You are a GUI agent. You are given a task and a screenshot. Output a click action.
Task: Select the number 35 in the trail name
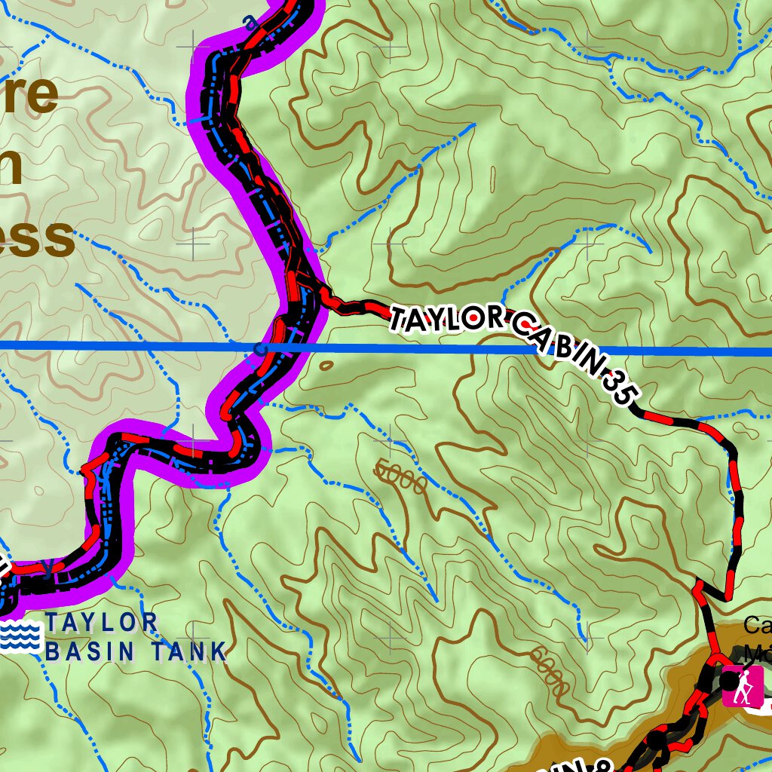[620, 389]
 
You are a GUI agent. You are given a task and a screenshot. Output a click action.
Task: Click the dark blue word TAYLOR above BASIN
[101, 623]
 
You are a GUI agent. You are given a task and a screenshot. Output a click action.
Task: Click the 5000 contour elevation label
[400, 479]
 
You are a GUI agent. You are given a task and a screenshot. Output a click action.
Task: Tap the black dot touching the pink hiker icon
[727, 681]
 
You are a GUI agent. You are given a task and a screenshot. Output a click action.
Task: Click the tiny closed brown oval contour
[326, 365]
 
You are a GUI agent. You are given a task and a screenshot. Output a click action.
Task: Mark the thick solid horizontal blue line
[452, 348]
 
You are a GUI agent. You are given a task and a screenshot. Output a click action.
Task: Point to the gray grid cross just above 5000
[391, 436]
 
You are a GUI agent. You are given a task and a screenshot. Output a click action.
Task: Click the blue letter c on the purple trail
[261, 349]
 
